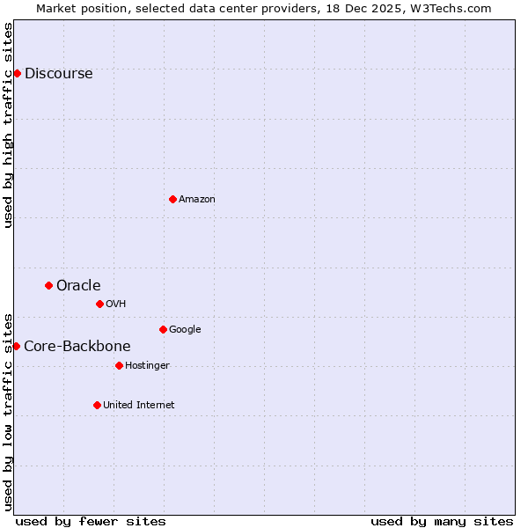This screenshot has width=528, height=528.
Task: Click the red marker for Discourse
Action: point(17,73)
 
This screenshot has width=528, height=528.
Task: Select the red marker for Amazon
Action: point(172,199)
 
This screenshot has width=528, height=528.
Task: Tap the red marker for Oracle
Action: point(48,285)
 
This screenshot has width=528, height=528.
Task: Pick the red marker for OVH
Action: point(99,304)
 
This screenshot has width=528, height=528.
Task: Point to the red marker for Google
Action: point(163,329)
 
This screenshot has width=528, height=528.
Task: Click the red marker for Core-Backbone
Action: point(16,346)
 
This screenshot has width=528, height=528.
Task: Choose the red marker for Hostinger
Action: point(119,365)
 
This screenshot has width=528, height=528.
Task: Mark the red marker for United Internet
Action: point(97,405)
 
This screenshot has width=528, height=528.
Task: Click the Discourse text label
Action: point(58,74)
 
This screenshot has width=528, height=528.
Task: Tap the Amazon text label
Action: point(196,200)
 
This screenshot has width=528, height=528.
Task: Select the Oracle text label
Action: point(78,286)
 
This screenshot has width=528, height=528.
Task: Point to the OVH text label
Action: point(115,304)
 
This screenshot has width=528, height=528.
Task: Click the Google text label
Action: point(185,330)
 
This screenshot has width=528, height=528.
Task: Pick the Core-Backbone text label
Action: point(77,347)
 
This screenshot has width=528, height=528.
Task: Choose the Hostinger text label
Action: point(147,366)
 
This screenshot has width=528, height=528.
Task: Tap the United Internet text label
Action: point(138,406)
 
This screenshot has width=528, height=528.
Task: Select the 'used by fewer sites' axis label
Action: point(91,521)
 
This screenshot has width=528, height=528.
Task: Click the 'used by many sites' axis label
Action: point(442,521)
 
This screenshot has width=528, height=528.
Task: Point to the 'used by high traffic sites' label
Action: point(8,125)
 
